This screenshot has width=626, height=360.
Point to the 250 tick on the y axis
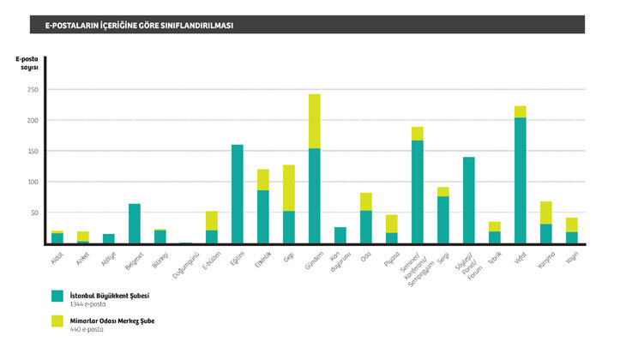click(x=33, y=89)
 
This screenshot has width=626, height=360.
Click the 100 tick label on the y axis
click(x=33, y=182)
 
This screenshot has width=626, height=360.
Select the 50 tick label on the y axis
click(x=34, y=213)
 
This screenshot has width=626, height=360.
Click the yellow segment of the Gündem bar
click(x=315, y=121)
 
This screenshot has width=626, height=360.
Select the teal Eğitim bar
click(x=238, y=194)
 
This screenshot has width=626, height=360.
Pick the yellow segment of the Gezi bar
click(x=289, y=188)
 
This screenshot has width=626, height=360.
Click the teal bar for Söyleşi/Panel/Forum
click(x=469, y=200)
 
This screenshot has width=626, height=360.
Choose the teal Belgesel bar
click(x=135, y=223)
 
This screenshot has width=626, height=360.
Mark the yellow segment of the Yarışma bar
click(x=546, y=213)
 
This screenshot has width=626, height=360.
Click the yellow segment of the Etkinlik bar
click(x=263, y=179)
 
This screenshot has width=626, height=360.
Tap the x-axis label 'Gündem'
click(x=312, y=261)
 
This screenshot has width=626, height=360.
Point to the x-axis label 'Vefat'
click(x=520, y=256)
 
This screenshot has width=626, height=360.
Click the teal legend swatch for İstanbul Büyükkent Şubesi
click(x=57, y=296)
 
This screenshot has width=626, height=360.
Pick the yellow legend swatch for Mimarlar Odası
click(x=57, y=321)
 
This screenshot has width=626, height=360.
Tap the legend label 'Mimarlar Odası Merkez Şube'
click(x=111, y=321)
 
